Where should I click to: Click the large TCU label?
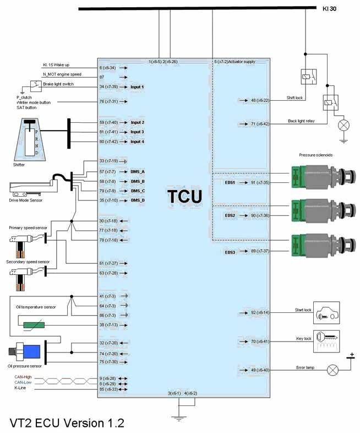point(184,197)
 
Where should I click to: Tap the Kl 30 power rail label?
point(329,9)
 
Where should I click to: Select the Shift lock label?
point(294,98)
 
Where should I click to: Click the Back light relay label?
point(301,121)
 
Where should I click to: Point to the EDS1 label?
point(230,182)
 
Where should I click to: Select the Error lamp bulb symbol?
point(332,370)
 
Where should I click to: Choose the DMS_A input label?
point(138,171)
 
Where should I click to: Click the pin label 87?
point(102,77)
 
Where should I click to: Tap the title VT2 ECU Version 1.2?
point(67,423)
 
